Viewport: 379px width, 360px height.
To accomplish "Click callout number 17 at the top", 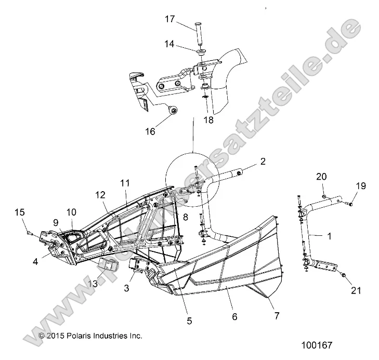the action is (169, 19).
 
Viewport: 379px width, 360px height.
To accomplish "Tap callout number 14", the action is (169, 44).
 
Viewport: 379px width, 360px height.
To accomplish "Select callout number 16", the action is (150, 131).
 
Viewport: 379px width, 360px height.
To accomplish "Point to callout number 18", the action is (208, 120).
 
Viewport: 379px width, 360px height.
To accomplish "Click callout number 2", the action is (263, 161).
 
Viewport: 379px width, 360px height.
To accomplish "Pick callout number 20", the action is (321, 177).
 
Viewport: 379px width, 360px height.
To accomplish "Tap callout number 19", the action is (361, 186).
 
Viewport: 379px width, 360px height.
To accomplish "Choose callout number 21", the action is (356, 290).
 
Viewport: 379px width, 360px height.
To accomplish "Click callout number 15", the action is (20, 212).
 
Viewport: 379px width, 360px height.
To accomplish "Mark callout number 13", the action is (93, 284).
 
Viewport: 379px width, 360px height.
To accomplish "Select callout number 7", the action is (277, 315).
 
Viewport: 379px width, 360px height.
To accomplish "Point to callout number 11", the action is (125, 183).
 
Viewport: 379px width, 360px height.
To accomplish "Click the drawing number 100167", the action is (317, 345).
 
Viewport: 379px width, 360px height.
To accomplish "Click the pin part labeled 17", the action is (199, 33).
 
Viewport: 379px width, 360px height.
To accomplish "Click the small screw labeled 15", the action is (30, 233).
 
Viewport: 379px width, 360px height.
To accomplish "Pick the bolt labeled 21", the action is (343, 275).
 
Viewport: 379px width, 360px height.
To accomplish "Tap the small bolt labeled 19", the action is (349, 205).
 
